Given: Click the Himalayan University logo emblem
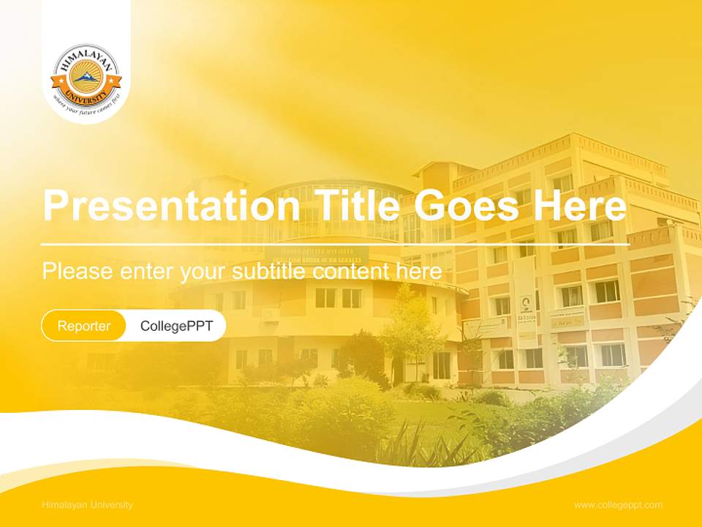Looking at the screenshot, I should (86, 78).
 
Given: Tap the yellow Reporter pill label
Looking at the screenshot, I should (84, 326).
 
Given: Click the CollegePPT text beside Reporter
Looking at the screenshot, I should (176, 326).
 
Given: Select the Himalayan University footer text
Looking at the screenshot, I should (88, 505).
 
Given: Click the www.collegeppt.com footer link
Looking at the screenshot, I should (618, 505).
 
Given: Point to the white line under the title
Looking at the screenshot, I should (335, 244).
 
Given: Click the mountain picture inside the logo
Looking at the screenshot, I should (86, 76).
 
